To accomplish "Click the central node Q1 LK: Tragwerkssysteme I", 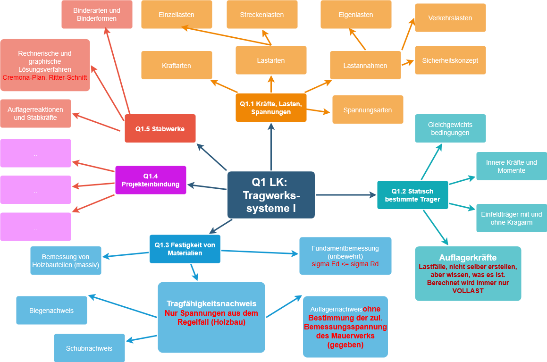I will (271, 195).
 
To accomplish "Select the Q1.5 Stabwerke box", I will (160, 128).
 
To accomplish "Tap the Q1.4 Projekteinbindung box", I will (151, 180).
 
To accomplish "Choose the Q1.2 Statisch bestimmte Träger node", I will (412, 195).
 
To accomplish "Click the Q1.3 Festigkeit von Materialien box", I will (185, 249).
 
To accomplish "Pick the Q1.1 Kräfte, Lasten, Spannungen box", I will (271, 108).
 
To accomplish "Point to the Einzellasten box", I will (177, 15).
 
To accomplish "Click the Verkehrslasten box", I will (450, 18).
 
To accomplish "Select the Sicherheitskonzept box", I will (450, 60).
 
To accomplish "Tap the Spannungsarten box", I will (368, 110).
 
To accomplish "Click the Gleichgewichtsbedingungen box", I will (450, 128).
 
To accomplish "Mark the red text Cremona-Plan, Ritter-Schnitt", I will (45, 76).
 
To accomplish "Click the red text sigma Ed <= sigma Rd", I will (345, 264).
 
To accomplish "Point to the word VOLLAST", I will (468, 291).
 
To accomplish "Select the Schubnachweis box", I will (89, 348).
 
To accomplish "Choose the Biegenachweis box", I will (51, 311).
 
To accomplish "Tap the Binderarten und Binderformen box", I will (97, 14).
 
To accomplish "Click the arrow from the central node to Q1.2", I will (345, 194).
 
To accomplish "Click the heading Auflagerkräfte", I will (468, 258).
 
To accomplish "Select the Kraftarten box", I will (177, 66).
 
